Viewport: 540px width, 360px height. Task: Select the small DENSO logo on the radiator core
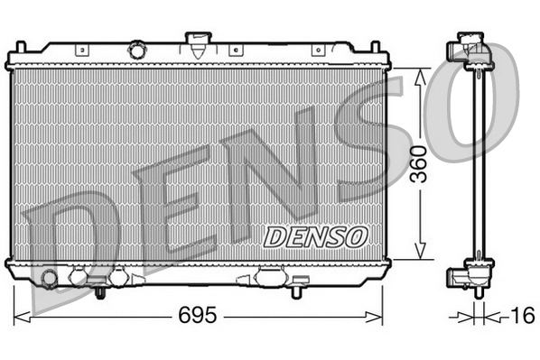pyautogui.click(x=316, y=236)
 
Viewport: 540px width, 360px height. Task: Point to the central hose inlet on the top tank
pyautogui.click(x=196, y=39)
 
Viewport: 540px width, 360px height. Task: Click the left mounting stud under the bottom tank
pyautogui.click(x=101, y=291)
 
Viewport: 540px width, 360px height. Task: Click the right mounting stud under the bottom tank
pyautogui.click(x=297, y=291)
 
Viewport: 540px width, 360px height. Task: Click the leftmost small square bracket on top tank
pyautogui.click(x=82, y=51)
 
